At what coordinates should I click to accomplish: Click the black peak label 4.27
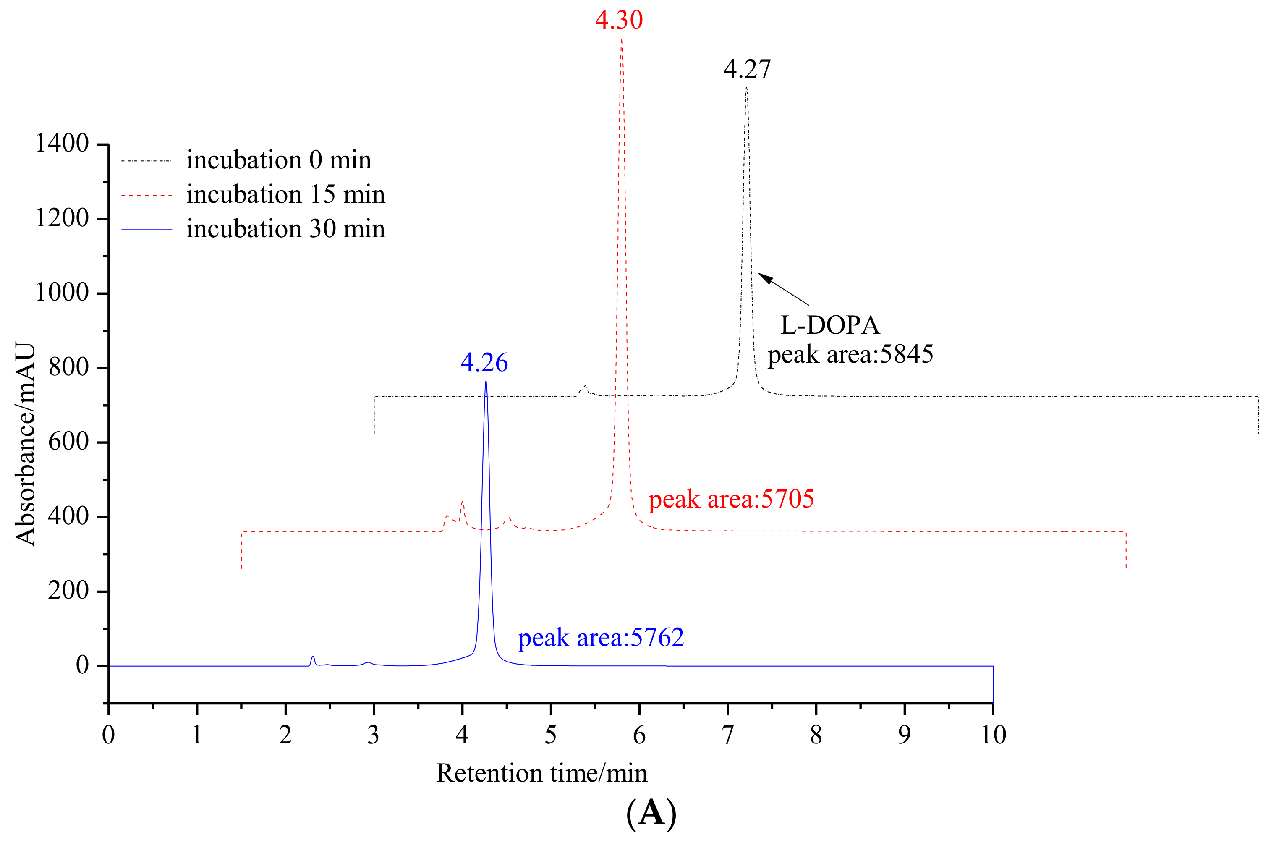[x=747, y=69]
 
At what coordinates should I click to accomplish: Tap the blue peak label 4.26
[x=484, y=362]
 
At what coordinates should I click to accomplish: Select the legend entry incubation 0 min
[x=278, y=160]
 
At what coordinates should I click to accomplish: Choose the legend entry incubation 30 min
[x=285, y=229]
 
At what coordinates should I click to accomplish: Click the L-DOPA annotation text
[x=830, y=325]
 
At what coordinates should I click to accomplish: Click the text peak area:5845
[x=850, y=355]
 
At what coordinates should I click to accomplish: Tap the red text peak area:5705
[x=731, y=499]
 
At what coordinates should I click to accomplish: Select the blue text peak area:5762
[x=601, y=638]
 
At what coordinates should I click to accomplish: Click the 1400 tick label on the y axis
[x=62, y=144]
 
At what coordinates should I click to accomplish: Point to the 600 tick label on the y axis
[x=68, y=442]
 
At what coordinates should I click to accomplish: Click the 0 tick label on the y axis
[x=82, y=665]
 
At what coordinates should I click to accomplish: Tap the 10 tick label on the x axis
[x=993, y=734]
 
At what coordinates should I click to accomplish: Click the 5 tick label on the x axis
[x=550, y=734]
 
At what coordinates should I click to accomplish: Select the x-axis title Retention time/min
[x=542, y=773]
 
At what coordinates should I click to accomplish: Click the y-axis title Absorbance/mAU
[x=26, y=443]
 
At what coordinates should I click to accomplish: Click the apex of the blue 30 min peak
[x=486, y=382]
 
